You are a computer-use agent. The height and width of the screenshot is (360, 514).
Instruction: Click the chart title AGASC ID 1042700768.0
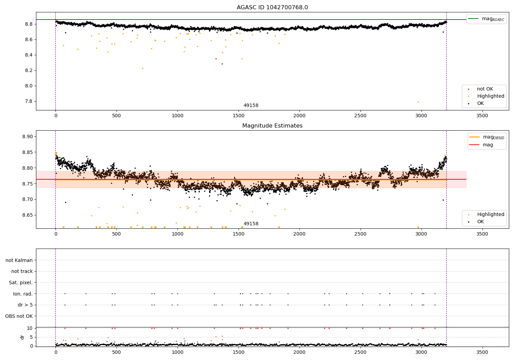(x=272, y=8)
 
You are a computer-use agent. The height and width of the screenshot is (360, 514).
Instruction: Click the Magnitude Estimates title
(x=272, y=126)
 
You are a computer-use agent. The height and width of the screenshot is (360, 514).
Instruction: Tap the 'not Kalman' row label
(x=19, y=260)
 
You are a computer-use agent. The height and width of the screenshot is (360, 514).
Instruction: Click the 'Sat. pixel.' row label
(x=21, y=283)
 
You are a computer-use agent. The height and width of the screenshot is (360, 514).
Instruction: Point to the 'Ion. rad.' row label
(x=23, y=294)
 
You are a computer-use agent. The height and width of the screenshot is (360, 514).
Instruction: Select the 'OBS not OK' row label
(x=19, y=316)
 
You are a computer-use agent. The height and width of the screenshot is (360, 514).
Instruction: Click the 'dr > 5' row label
(x=25, y=305)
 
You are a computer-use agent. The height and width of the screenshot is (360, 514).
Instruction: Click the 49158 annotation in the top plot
(x=251, y=106)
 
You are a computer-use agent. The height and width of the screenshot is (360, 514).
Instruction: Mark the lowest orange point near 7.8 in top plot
(x=418, y=102)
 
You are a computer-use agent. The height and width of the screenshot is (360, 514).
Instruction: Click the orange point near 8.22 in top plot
(x=143, y=68)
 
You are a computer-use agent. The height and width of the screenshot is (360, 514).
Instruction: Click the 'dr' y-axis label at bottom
(x=22, y=337)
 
